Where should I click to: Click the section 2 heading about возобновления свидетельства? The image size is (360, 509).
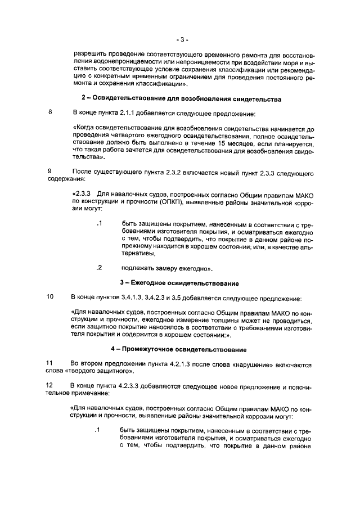[181, 99]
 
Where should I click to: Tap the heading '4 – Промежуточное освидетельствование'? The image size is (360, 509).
[179, 350]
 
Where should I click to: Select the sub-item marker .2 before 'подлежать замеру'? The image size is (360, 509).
[99, 267]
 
